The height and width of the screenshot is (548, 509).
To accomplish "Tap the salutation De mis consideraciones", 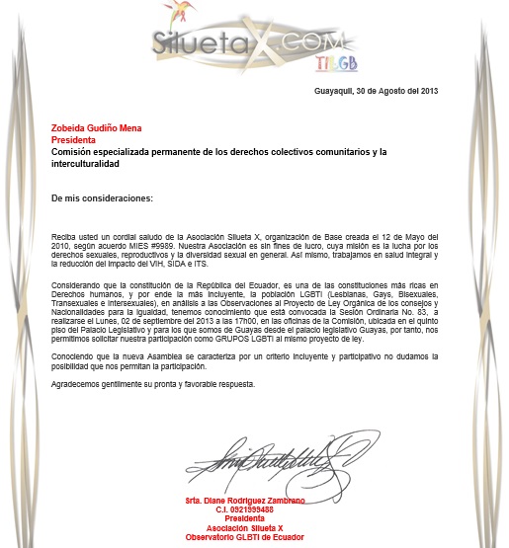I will pyautogui.click(x=103, y=197).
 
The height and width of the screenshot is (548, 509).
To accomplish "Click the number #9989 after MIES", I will pyautogui.click(x=162, y=247).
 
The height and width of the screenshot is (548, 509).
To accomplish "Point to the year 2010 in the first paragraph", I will pyautogui.click(x=62, y=247).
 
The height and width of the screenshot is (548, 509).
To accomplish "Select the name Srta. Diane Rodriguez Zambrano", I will pyautogui.click(x=245, y=501).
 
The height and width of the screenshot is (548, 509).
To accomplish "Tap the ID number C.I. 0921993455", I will pyautogui.click(x=245, y=509).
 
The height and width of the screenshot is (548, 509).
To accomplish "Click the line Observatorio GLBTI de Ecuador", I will pyautogui.click(x=245, y=536).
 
